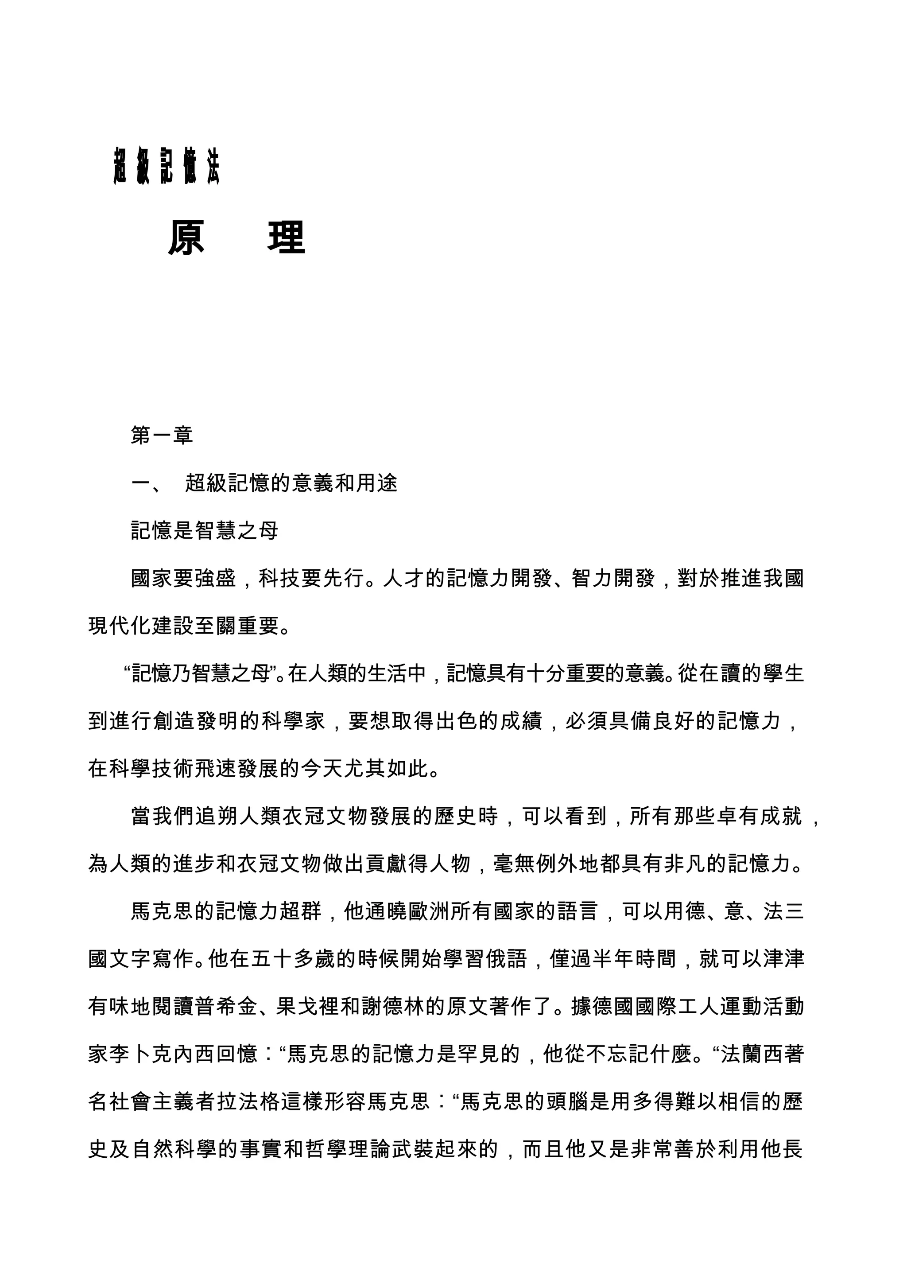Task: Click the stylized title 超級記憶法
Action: (x=167, y=167)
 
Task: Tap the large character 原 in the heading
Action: (x=186, y=237)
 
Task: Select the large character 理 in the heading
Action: (x=286, y=237)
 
